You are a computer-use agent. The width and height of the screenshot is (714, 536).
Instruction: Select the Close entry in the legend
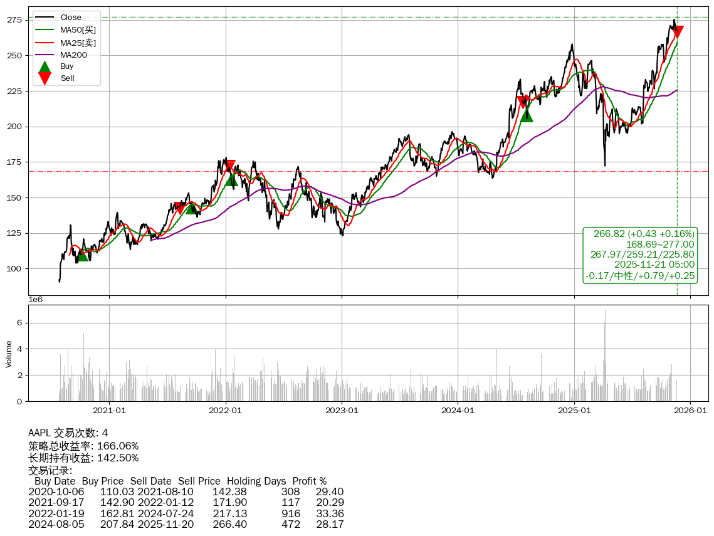(x=71, y=17)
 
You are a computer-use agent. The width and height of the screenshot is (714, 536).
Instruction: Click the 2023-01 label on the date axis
(x=342, y=411)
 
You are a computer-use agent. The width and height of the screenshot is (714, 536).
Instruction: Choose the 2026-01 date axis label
(x=690, y=411)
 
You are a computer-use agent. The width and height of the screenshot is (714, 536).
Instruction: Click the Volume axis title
(x=9, y=354)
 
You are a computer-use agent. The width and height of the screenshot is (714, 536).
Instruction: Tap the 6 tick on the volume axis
(x=19, y=323)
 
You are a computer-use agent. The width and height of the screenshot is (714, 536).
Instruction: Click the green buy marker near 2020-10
(x=82, y=255)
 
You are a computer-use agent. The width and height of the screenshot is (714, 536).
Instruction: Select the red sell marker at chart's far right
(x=677, y=32)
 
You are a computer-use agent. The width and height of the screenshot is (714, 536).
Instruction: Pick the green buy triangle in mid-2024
(x=527, y=115)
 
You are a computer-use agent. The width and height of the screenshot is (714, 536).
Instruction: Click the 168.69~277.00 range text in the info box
(x=660, y=244)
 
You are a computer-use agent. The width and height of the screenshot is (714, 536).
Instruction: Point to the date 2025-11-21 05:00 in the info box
(x=654, y=265)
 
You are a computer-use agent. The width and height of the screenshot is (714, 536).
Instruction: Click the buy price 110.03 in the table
(x=117, y=492)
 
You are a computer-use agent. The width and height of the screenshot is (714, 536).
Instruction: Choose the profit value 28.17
(x=330, y=524)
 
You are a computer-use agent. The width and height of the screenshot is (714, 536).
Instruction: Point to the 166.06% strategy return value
(x=118, y=446)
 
